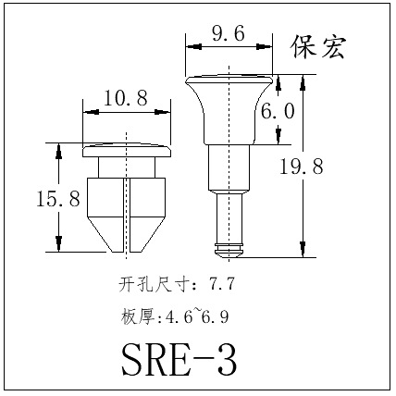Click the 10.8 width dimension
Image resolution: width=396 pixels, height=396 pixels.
tap(126, 98)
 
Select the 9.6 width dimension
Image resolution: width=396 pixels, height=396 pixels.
tap(229, 33)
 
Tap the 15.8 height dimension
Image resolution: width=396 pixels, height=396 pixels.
tap(58, 198)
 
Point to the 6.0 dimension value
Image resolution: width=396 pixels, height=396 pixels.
tap(278, 111)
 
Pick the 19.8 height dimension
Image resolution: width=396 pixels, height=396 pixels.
tap(301, 167)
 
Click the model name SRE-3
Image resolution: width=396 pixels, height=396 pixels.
tap(179, 360)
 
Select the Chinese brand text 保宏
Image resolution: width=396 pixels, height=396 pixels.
tap(318, 47)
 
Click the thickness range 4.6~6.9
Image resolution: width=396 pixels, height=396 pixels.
tap(197, 316)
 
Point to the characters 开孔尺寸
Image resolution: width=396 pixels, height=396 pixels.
tap(154, 284)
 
